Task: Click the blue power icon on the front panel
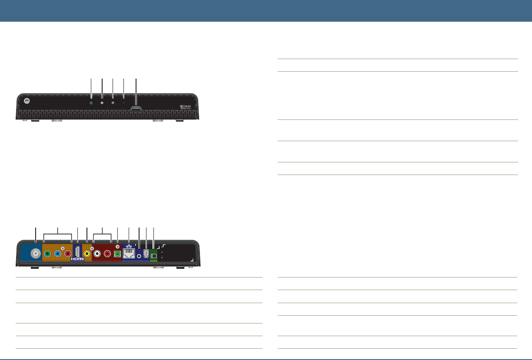(x=91, y=103)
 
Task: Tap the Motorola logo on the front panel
(x=27, y=100)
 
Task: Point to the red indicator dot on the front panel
(x=124, y=103)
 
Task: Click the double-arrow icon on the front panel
(x=102, y=103)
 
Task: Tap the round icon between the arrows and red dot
(x=113, y=103)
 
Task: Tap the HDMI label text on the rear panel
(x=77, y=259)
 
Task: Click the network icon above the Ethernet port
(x=129, y=246)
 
